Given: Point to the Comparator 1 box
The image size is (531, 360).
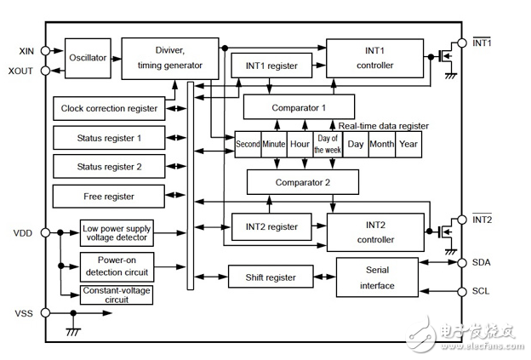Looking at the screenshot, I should pos(299,107).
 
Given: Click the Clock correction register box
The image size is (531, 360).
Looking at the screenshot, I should pos(109,109).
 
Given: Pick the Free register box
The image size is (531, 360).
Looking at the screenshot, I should pos(109,197).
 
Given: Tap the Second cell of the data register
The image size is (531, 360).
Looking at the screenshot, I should pos(248,144).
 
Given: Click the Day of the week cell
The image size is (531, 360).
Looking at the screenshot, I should pos(327,144).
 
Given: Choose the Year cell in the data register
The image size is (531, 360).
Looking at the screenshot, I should pos(408,144).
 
